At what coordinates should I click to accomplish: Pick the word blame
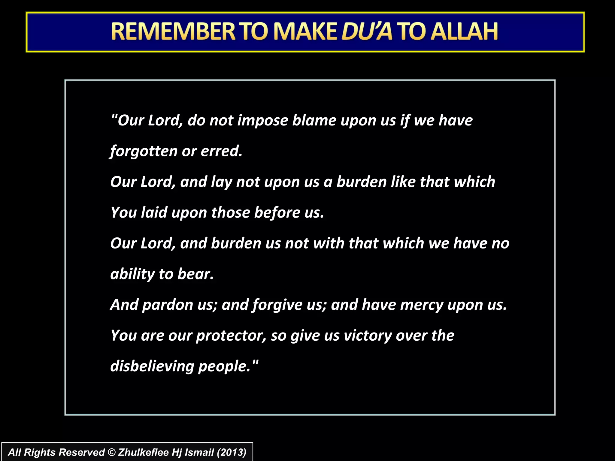pos(314,121)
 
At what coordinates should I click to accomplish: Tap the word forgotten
pos(144,151)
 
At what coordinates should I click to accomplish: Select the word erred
pos(221,151)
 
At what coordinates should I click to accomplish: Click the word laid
pos(154,213)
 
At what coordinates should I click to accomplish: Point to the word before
pos(277,213)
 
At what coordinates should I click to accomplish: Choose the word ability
pos(132,274)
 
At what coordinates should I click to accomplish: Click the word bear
pos(195,274)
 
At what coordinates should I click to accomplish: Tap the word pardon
pos(168,305)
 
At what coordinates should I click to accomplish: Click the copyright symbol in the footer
pos(111,452)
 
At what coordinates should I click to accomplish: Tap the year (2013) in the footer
pos(231,452)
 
